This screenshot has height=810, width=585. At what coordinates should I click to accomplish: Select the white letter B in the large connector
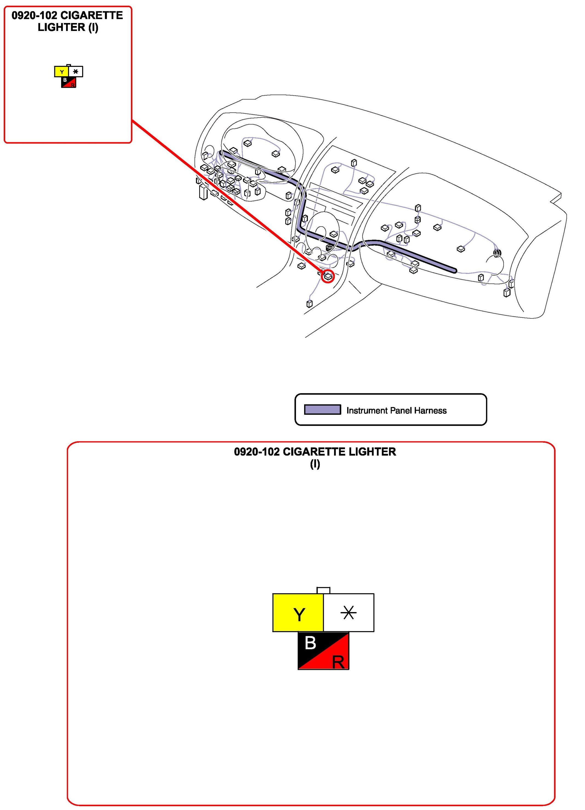[x=310, y=643]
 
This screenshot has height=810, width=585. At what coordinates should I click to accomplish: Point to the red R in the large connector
[x=338, y=663]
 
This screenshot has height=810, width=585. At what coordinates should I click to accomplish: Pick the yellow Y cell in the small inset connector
[x=61, y=72]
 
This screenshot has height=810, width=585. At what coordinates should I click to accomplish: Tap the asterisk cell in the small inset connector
[x=76, y=72]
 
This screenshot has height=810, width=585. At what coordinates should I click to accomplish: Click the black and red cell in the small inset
[x=69, y=83]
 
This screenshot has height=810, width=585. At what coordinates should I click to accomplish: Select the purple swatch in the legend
[x=322, y=410]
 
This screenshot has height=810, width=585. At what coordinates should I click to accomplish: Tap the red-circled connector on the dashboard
[x=328, y=276]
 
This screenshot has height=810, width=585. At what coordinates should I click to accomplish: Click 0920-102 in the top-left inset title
[x=34, y=15]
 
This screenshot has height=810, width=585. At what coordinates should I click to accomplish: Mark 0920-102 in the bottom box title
[x=257, y=452]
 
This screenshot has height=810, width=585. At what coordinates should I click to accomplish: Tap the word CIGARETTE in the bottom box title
[x=314, y=452]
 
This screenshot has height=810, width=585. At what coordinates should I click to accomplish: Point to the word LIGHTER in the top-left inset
[x=61, y=27]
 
